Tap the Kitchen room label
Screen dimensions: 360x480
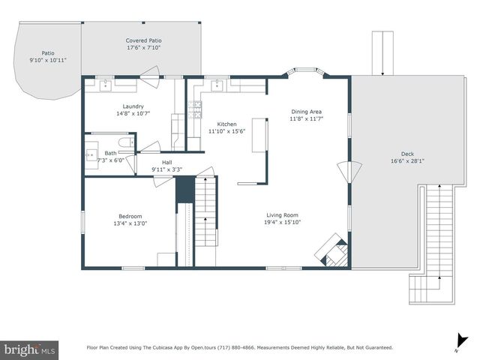(x=226, y=124)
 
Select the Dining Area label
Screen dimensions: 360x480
(x=307, y=112)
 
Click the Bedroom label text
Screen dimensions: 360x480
(x=130, y=217)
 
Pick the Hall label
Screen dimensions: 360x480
(x=166, y=162)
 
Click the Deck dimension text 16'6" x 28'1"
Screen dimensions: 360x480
(x=407, y=160)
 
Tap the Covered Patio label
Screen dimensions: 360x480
(x=144, y=40)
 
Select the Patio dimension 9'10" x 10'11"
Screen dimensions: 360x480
(x=48, y=60)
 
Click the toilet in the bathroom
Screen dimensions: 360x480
(x=126, y=142)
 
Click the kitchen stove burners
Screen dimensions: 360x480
(x=195, y=110)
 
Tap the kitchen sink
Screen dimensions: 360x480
(x=217, y=85)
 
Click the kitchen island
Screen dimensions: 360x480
(x=259, y=135)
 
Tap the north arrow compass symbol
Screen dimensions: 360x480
(x=457, y=342)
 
